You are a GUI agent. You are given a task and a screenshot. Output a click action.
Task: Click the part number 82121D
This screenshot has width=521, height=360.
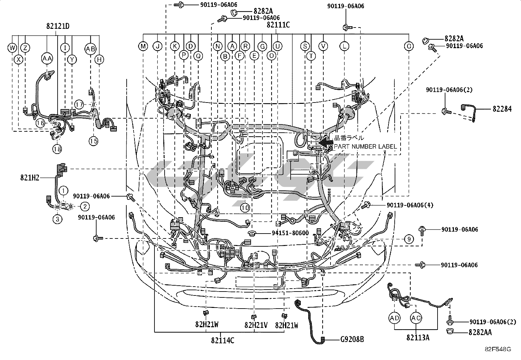click(58, 26)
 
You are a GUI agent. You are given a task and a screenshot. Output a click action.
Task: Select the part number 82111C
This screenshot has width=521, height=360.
click(278, 25)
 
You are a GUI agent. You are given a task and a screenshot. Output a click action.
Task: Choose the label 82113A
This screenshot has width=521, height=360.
click(418, 337)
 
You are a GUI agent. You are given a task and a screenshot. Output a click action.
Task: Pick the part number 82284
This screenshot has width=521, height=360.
click(502, 109)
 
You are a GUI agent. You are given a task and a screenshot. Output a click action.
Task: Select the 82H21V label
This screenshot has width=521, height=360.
click(256, 325)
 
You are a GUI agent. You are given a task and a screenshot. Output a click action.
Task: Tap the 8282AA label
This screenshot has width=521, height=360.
click(480, 332)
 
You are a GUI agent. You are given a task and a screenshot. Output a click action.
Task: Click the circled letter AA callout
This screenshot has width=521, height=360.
click(47, 59)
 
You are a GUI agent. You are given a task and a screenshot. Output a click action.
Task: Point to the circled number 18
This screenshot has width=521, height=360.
click(57, 149)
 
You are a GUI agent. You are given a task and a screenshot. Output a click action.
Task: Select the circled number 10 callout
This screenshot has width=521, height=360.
click(245, 208)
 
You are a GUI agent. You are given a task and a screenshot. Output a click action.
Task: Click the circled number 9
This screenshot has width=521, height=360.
click(409, 239)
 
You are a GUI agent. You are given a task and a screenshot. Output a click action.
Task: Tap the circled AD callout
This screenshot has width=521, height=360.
click(395, 318)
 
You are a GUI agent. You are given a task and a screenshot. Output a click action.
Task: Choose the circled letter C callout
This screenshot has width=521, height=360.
click(409, 46)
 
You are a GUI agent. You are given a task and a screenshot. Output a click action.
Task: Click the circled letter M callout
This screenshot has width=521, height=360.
click(143, 46)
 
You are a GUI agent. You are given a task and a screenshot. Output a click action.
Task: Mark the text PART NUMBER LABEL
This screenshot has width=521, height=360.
click(365, 146)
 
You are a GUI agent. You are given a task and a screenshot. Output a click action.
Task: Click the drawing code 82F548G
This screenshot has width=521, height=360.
click(498, 349)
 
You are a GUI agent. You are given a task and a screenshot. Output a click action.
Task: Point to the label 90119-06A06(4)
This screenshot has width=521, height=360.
click(410, 205)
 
